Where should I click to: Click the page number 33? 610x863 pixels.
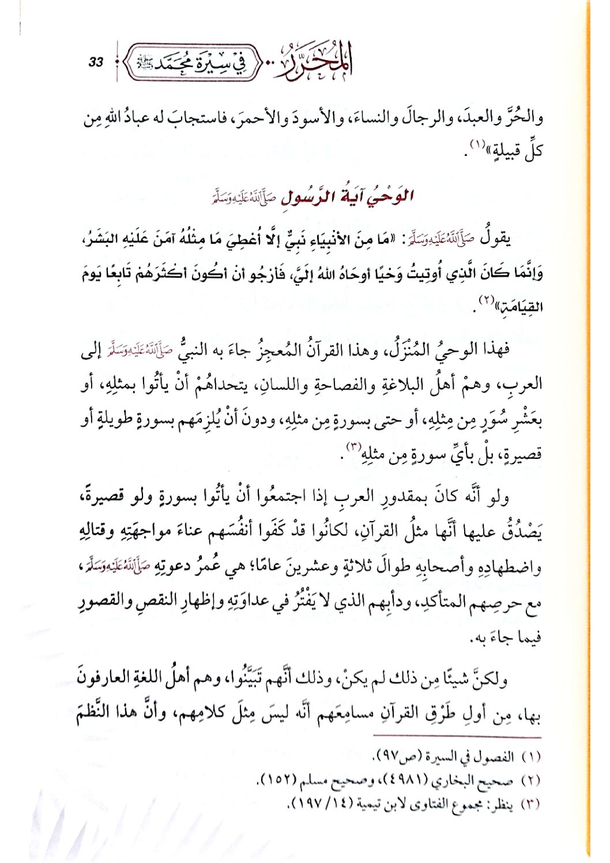click(96, 62)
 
